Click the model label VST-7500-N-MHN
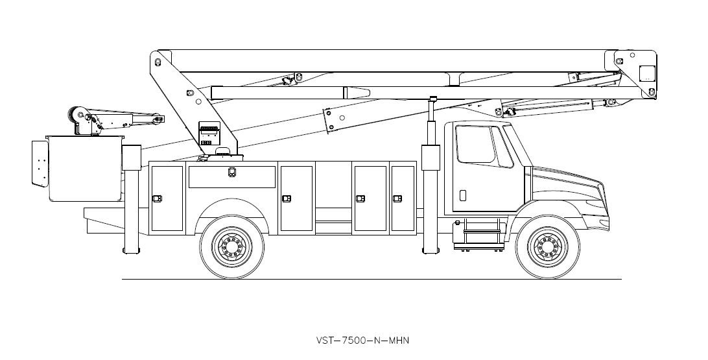tap(362, 340)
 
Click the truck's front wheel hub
tap(547, 246)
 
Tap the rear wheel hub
tap(231, 246)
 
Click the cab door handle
tap(463, 195)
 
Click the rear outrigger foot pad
tap(132, 250)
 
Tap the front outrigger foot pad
tap(431, 250)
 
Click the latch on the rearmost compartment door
tap(157, 198)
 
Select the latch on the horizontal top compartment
tap(231, 172)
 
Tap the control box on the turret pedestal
tap(209, 133)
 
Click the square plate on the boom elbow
tap(647, 73)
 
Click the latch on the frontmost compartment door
tap(397, 198)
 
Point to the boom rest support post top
tap(433, 99)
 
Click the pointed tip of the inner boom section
tap(370, 93)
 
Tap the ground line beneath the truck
tap(372, 279)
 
